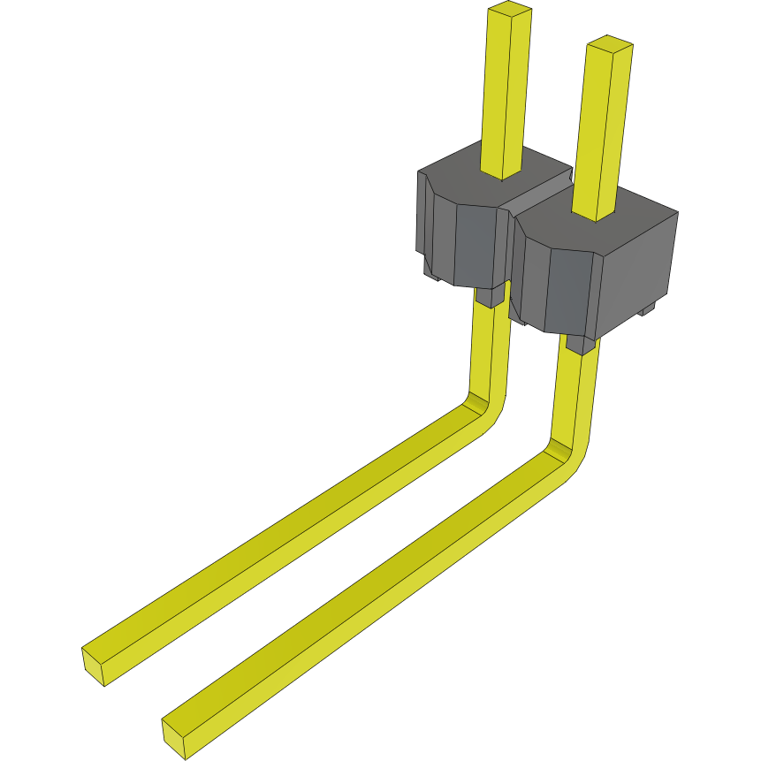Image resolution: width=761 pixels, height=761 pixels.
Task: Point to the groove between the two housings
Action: click(535, 198)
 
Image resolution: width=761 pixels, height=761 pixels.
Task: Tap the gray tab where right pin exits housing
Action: click(580, 344)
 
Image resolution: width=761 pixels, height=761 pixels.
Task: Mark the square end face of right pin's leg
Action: click(174, 737)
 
